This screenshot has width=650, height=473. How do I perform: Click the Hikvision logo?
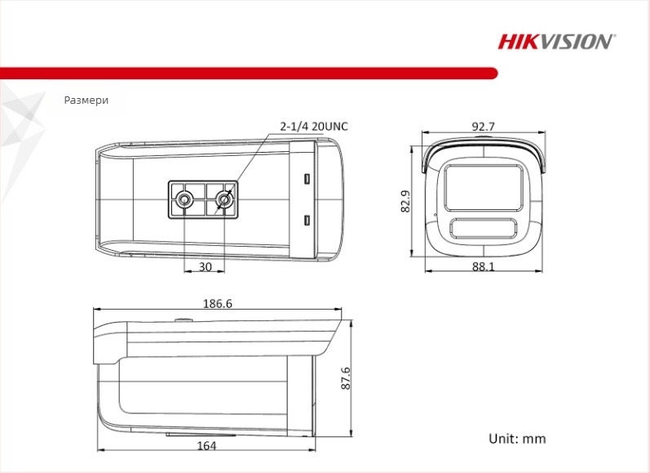tap(556, 41)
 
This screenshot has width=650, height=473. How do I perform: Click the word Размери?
tap(86, 100)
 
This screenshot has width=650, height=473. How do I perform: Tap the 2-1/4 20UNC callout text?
tap(313, 127)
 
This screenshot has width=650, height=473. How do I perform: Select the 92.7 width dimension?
tap(483, 127)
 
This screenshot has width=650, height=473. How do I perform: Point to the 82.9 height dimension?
tap(405, 201)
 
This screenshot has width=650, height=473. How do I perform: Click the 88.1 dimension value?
tap(483, 266)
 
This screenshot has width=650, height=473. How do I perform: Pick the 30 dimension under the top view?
tap(205, 266)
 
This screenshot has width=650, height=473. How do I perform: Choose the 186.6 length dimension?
tap(217, 303)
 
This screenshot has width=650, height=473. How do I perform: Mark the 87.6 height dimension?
tap(345, 379)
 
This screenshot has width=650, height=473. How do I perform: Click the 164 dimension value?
tap(207, 445)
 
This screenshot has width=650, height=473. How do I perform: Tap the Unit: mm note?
tap(517, 439)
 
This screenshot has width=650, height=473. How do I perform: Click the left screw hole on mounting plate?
tap(186, 199)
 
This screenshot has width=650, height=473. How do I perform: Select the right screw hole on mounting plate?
tap(223, 199)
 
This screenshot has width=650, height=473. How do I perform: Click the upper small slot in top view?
tap(307, 178)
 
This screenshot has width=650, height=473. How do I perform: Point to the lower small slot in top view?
tap(307, 220)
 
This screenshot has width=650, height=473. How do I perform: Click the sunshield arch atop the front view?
tap(483, 148)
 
